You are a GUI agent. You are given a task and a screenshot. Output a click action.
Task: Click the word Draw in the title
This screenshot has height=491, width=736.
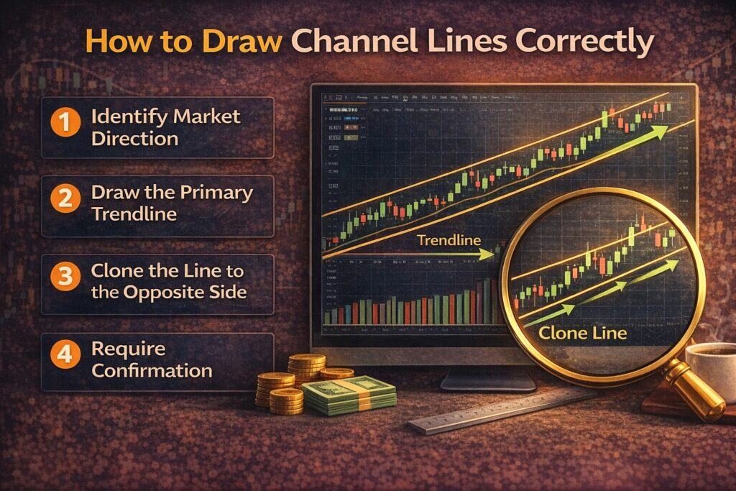[x=247, y=41]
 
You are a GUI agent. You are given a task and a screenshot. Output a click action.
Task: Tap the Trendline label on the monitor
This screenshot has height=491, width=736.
[x=448, y=241]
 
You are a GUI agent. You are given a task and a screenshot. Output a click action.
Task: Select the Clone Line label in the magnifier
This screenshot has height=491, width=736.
[x=582, y=333]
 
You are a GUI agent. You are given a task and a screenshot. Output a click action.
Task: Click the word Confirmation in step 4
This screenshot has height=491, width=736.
[x=152, y=370]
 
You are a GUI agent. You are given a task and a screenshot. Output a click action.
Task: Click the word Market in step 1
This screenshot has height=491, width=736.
[x=204, y=115]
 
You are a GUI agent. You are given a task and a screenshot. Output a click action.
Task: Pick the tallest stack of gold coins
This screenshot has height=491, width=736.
[x=307, y=367]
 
